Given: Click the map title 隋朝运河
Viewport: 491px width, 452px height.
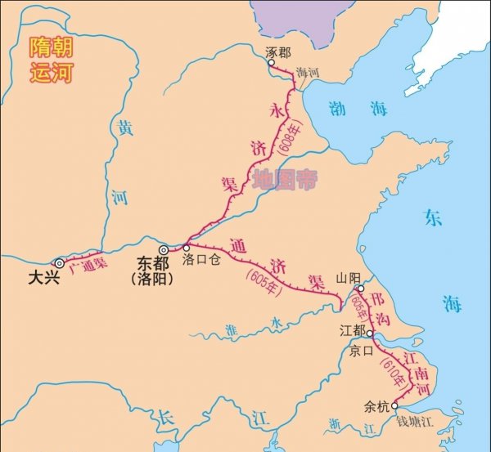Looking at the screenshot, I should coord(52,60).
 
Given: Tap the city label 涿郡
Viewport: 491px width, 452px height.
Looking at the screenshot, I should coord(278,51).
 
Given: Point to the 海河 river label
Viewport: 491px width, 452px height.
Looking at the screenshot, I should coord(308,73).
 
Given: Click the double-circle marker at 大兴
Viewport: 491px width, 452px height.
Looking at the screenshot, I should coord(59,262).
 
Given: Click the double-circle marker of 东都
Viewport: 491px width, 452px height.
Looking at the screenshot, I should coord(164,249).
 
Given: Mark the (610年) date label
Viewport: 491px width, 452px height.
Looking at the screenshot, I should coord(394,372).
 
